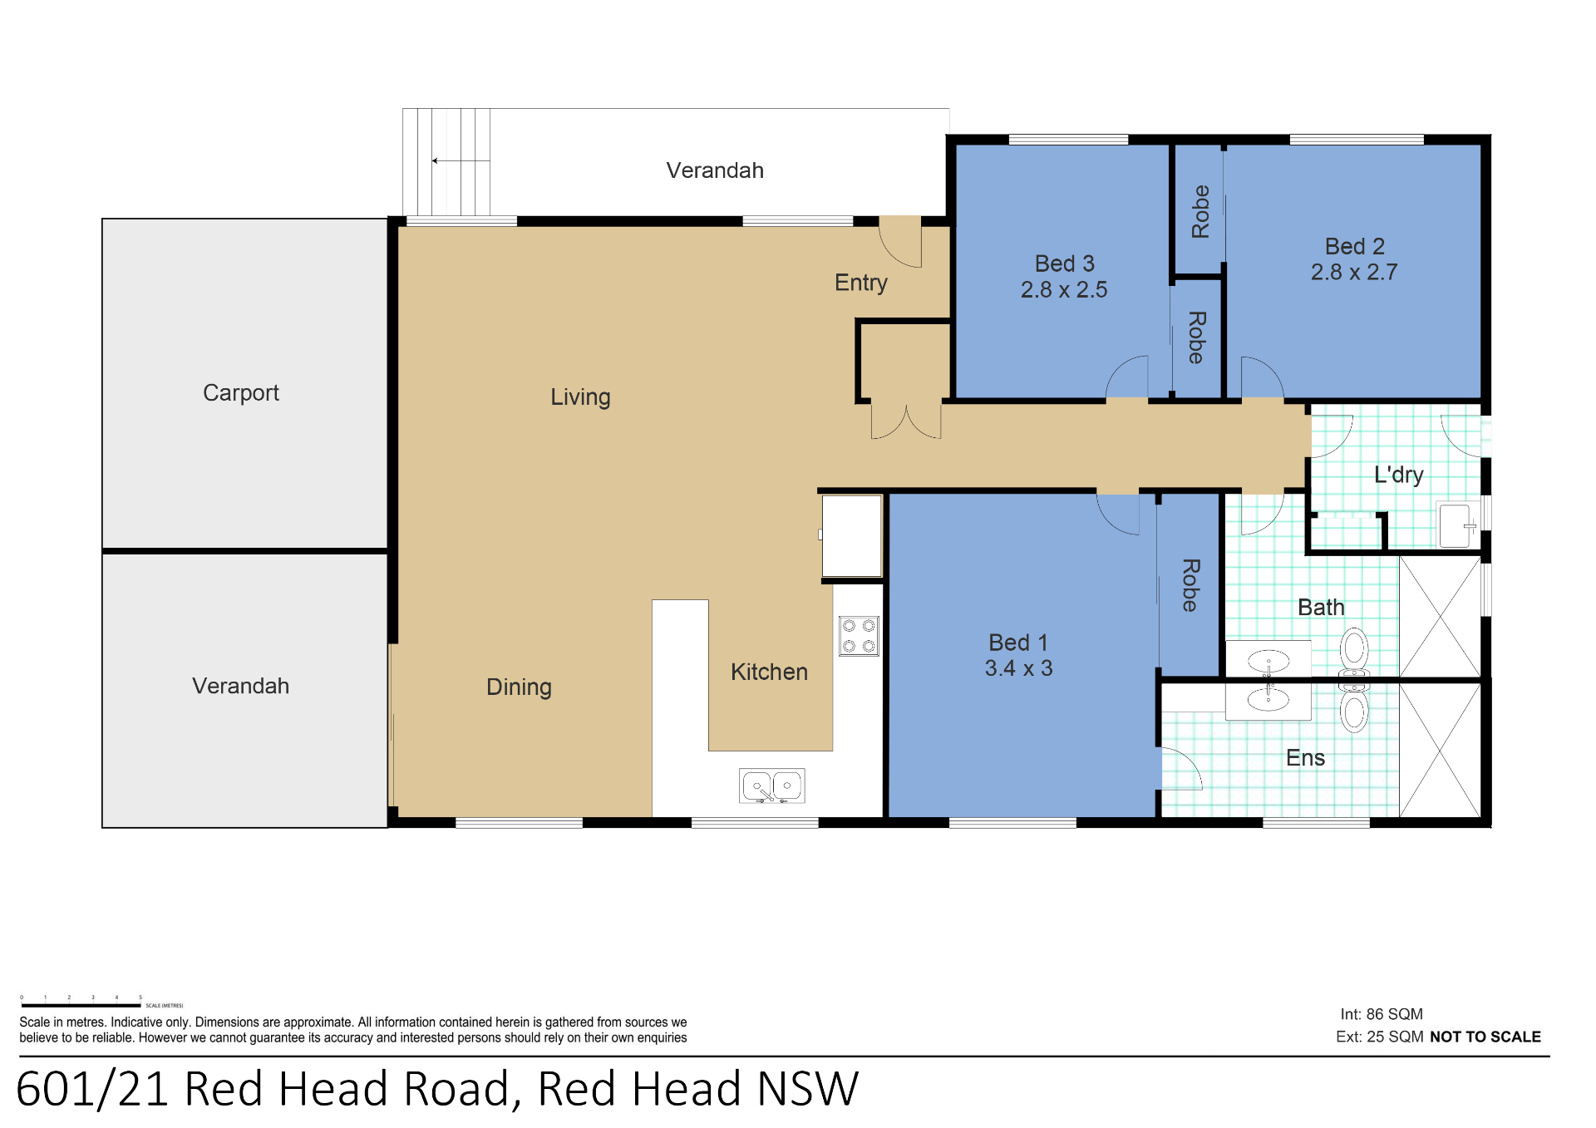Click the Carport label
pos(240,392)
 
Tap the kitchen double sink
pos(771,786)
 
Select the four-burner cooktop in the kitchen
pos(859,636)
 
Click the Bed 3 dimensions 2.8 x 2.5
pos(1063,290)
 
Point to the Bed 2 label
pos(1354,246)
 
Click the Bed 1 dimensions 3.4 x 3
pos(1018,668)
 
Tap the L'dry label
pos(1398,475)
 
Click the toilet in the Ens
pos(1354,708)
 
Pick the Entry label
pos(860,283)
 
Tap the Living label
pos(580,397)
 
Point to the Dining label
pos(519,687)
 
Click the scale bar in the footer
pos(81,1005)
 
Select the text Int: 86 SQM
pos(1381,1014)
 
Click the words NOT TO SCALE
pos(1485,1037)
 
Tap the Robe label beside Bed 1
pos(1190,585)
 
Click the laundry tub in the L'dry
pos(1456,525)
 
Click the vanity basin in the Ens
pos(1268,699)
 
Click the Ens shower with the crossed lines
pos(1440,751)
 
